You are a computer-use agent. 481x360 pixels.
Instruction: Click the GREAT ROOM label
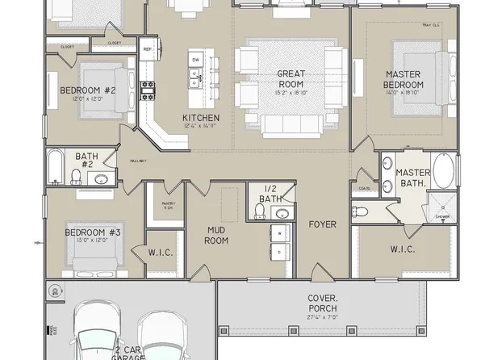pos(291,78)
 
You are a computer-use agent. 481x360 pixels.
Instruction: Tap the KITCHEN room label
pos(201,118)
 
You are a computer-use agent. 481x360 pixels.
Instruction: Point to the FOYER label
pos(322,224)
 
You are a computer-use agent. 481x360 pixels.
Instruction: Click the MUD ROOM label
pos(216,235)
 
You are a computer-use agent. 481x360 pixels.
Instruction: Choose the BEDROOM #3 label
pos(93,232)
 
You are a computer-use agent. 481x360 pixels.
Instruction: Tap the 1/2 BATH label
pos(271,194)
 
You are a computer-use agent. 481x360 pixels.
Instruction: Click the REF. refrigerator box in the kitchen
pos(148,49)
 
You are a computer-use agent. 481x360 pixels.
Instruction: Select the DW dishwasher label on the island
pos(195,60)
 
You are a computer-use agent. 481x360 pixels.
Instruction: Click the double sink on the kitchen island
pos(195,77)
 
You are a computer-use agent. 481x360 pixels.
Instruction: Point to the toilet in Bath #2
pos(76,175)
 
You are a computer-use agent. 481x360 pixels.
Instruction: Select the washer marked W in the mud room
pos(279,235)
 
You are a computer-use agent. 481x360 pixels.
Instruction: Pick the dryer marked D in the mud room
pos(279,253)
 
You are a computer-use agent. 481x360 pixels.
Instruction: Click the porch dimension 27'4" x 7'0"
pos(323,317)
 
